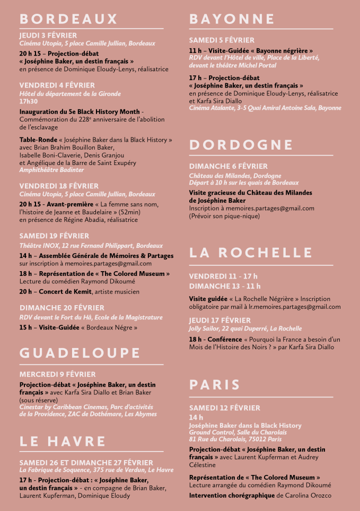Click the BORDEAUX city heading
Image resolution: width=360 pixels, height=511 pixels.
(68, 19)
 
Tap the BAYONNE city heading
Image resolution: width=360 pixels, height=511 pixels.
(232, 19)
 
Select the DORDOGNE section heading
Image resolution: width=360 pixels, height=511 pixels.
(241, 145)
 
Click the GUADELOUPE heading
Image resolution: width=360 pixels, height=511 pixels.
(80, 353)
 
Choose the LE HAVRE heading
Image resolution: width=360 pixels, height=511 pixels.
(63, 441)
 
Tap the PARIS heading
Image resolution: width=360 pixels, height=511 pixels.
(215, 385)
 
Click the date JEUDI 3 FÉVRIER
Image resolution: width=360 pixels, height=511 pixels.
(48, 36)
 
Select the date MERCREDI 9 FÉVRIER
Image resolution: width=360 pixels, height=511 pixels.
(58, 374)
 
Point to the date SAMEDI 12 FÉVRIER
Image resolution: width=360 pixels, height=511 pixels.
(225, 408)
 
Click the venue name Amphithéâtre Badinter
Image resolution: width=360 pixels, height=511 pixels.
(51, 170)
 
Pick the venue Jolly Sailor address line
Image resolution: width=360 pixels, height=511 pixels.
(245, 328)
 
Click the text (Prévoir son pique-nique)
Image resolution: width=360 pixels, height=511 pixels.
(224, 216)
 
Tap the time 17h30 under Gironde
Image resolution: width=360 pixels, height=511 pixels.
(29, 101)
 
